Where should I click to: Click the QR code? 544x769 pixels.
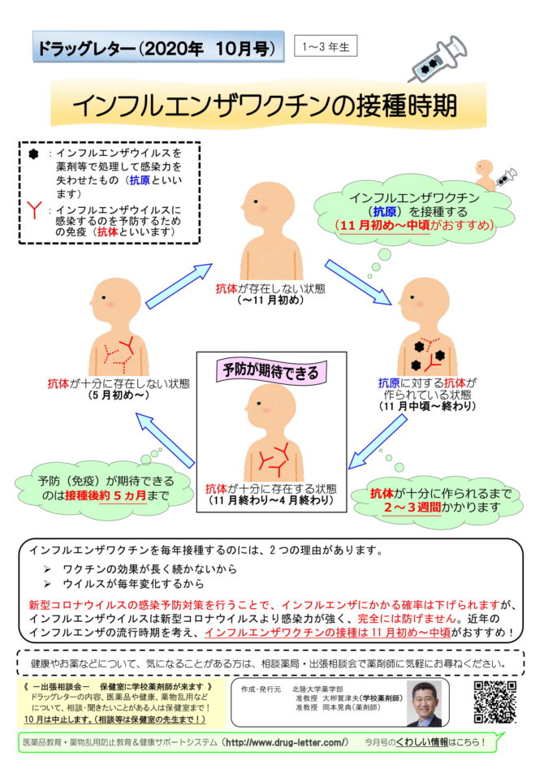click(x=495, y=702)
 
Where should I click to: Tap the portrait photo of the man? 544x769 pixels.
click(x=425, y=704)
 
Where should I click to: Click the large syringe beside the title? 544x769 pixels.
click(x=438, y=58)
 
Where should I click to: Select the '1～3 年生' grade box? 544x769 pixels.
click(x=326, y=46)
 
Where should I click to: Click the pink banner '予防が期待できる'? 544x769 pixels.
click(x=270, y=371)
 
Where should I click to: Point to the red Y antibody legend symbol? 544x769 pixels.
click(x=34, y=210)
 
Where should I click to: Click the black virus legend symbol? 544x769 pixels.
click(x=33, y=154)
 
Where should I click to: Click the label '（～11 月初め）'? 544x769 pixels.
click(x=270, y=300)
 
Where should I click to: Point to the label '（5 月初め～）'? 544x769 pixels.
click(x=119, y=395)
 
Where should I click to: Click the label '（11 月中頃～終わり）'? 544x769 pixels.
click(x=427, y=406)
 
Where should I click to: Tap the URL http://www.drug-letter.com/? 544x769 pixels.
click(x=287, y=742)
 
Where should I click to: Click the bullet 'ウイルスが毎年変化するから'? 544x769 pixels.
click(x=133, y=584)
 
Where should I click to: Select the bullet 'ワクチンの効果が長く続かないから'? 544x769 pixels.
click(x=149, y=569)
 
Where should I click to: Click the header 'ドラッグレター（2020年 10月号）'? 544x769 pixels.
click(x=158, y=48)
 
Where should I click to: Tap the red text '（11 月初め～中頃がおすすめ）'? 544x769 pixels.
click(x=415, y=226)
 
